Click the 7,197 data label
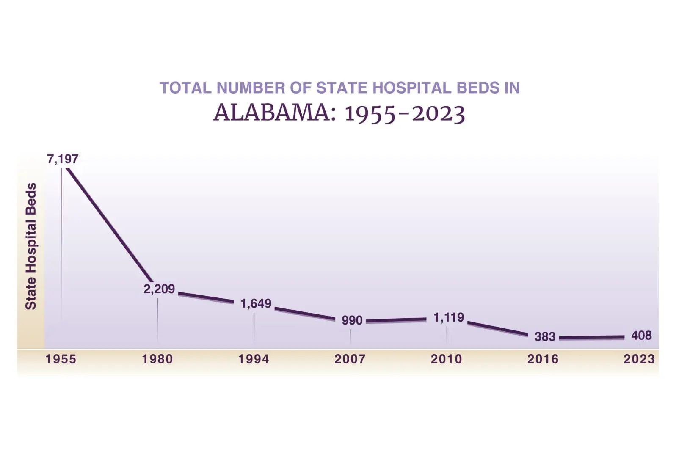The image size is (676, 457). click(63, 159)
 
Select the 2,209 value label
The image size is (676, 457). click(159, 289)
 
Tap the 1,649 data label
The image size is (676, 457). click(256, 303)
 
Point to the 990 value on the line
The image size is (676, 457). click(352, 320)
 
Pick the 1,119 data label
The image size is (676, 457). click(449, 317)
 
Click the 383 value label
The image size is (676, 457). click(545, 336)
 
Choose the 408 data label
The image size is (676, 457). click(641, 336)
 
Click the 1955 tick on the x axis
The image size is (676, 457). click(61, 359)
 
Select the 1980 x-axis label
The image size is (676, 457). click(157, 359)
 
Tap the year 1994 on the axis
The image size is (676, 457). click(254, 359)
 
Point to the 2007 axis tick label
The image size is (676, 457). click(350, 359)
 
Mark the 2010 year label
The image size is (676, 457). click(447, 359)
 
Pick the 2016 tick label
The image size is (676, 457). click(543, 359)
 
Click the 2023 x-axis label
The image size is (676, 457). click(639, 359)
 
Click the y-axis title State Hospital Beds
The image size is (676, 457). click(31, 246)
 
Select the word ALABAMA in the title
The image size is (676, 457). click(272, 113)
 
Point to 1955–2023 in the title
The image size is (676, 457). click(405, 113)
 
